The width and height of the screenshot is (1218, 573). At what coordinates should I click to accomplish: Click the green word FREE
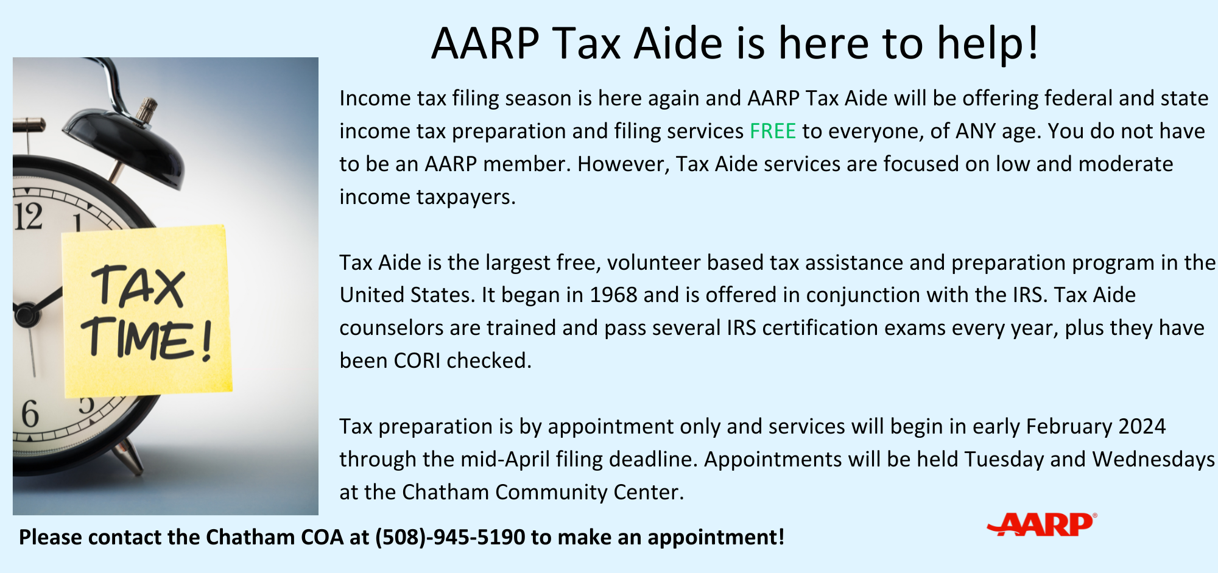[772, 132]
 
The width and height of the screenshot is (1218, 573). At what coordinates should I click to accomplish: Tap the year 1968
[614, 295]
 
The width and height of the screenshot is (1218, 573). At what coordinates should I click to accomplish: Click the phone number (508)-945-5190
[450, 537]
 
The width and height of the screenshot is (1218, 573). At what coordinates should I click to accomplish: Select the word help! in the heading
[987, 44]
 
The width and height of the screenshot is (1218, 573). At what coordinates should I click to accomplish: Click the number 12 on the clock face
[29, 217]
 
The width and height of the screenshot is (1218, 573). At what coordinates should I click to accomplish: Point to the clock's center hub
[25, 314]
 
